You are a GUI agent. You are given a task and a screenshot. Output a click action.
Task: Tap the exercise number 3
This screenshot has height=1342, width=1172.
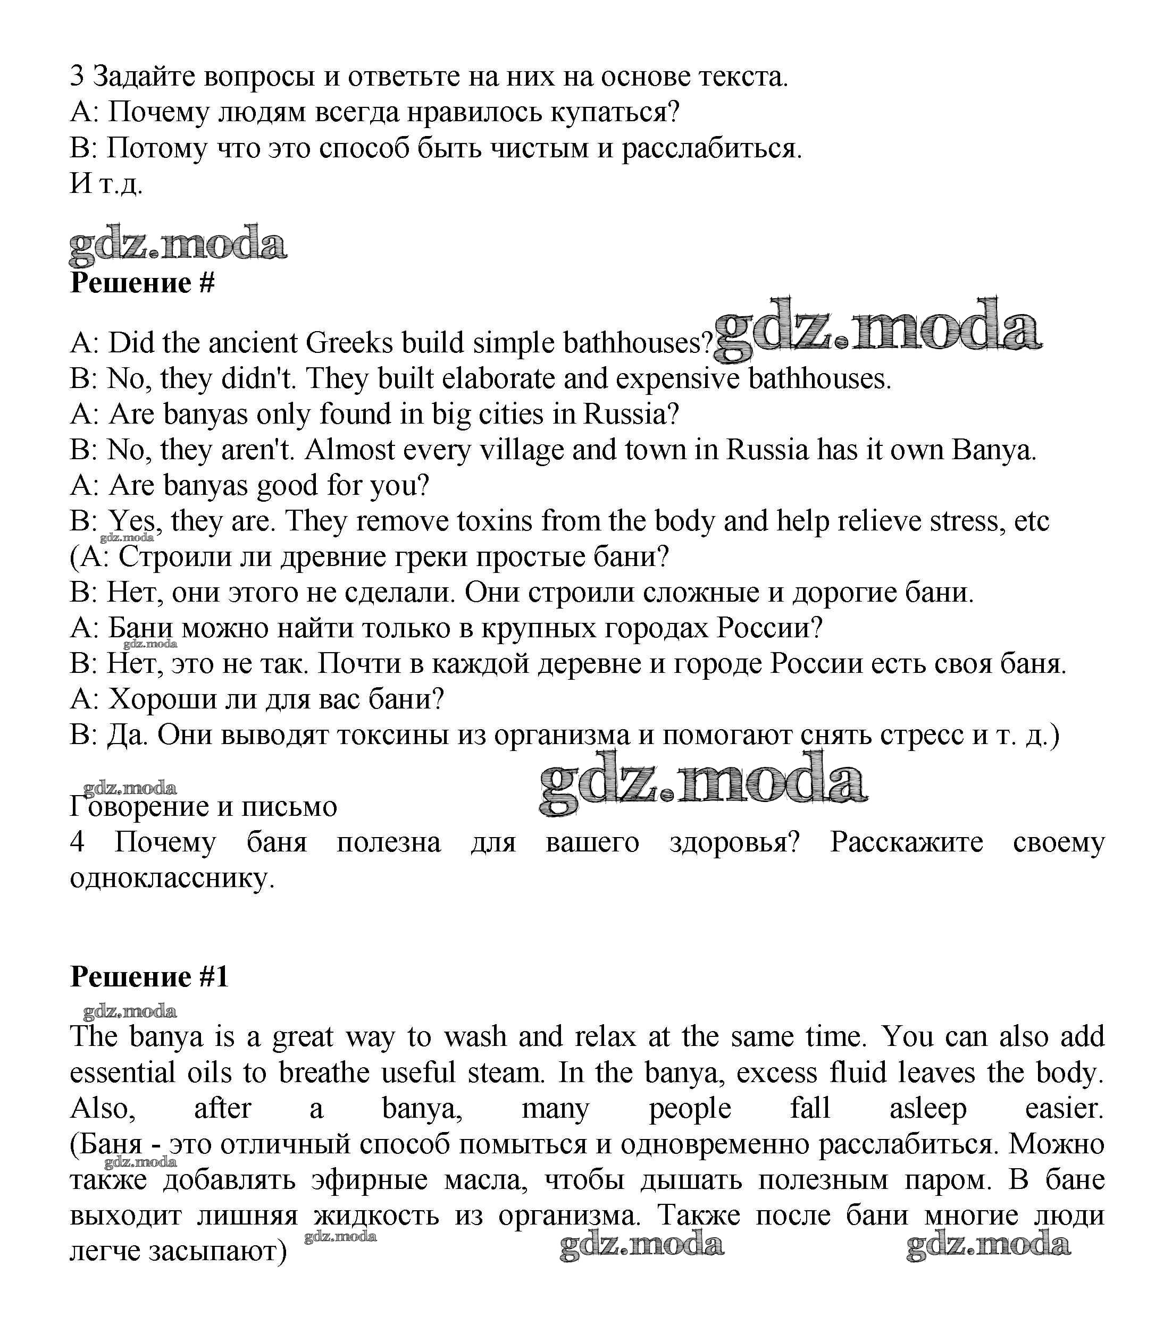[77, 77]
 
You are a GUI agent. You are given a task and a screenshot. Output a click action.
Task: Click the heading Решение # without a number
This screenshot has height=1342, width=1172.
[142, 283]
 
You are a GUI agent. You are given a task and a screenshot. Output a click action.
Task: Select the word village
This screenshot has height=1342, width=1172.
[521, 450]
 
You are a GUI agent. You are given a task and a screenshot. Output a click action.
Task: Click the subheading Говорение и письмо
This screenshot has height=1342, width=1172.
[204, 807]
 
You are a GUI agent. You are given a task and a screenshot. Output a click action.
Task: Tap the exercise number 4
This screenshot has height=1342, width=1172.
[77, 842]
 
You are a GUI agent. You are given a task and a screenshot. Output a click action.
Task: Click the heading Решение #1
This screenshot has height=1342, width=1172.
[149, 977]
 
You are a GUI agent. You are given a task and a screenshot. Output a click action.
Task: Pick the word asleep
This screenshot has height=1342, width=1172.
[927, 1109]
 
